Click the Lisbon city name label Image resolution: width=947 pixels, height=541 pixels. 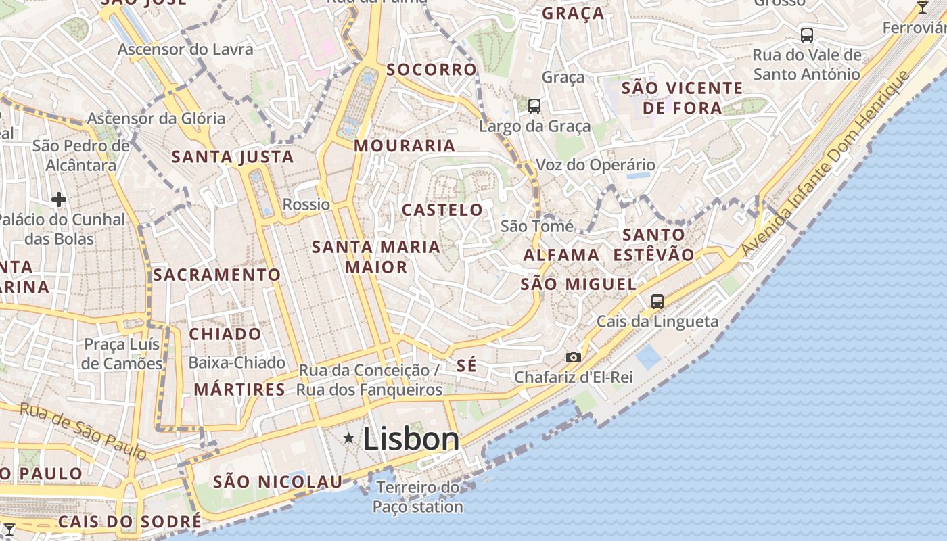click(411, 440)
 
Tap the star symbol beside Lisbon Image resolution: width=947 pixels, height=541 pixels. click(349, 438)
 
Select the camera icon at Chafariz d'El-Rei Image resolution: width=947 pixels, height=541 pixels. click(573, 357)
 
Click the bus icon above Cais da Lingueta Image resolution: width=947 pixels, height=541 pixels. click(657, 302)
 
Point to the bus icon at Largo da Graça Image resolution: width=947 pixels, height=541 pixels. click(534, 105)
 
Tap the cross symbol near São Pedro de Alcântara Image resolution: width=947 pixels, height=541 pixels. click(59, 199)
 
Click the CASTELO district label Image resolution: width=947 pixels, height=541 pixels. click(442, 210)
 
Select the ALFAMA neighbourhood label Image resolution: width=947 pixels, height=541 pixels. click(561, 255)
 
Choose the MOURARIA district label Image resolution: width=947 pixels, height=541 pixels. click(405, 145)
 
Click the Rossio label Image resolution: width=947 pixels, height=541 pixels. click(306, 204)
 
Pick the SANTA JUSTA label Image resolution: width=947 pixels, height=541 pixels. click(233, 157)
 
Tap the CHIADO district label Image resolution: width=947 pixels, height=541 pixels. click(225, 334)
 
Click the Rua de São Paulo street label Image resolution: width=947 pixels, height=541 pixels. click(83, 431)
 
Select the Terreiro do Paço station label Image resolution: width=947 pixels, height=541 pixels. click(418, 496)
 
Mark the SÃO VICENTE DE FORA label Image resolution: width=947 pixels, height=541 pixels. click(682, 97)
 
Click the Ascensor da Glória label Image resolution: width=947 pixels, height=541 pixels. click(156, 118)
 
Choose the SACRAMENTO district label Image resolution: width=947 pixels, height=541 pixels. click(216, 275)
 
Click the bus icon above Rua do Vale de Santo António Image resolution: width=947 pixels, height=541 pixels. click(806, 34)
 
